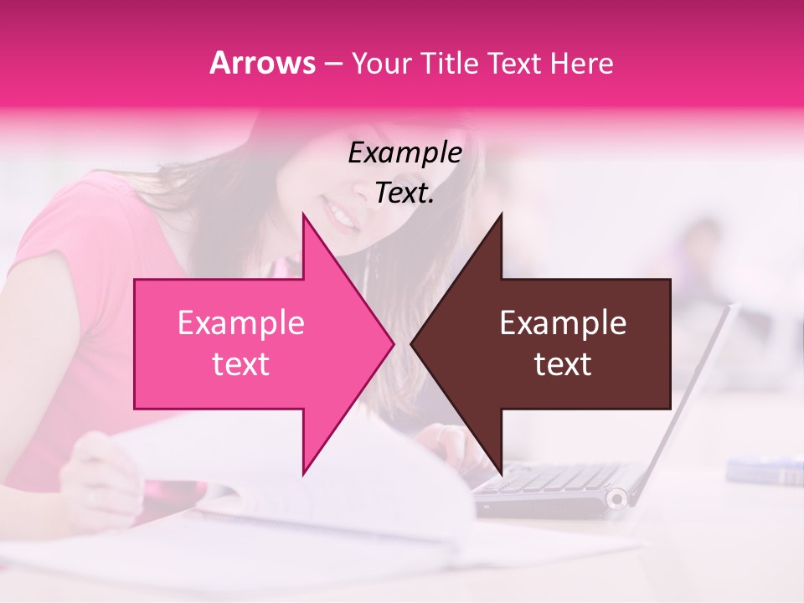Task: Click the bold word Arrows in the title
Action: click(262, 63)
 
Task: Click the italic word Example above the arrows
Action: click(405, 153)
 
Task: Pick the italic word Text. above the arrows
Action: click(405, 193)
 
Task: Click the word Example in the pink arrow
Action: click(240, 323)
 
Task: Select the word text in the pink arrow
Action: click(240, 364)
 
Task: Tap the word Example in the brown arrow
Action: click(563, 323)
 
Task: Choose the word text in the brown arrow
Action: click(563, 364)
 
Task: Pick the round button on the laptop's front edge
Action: click(617, 499)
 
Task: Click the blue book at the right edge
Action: click(766, 471)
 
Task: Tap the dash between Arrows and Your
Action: click(332, 64)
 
